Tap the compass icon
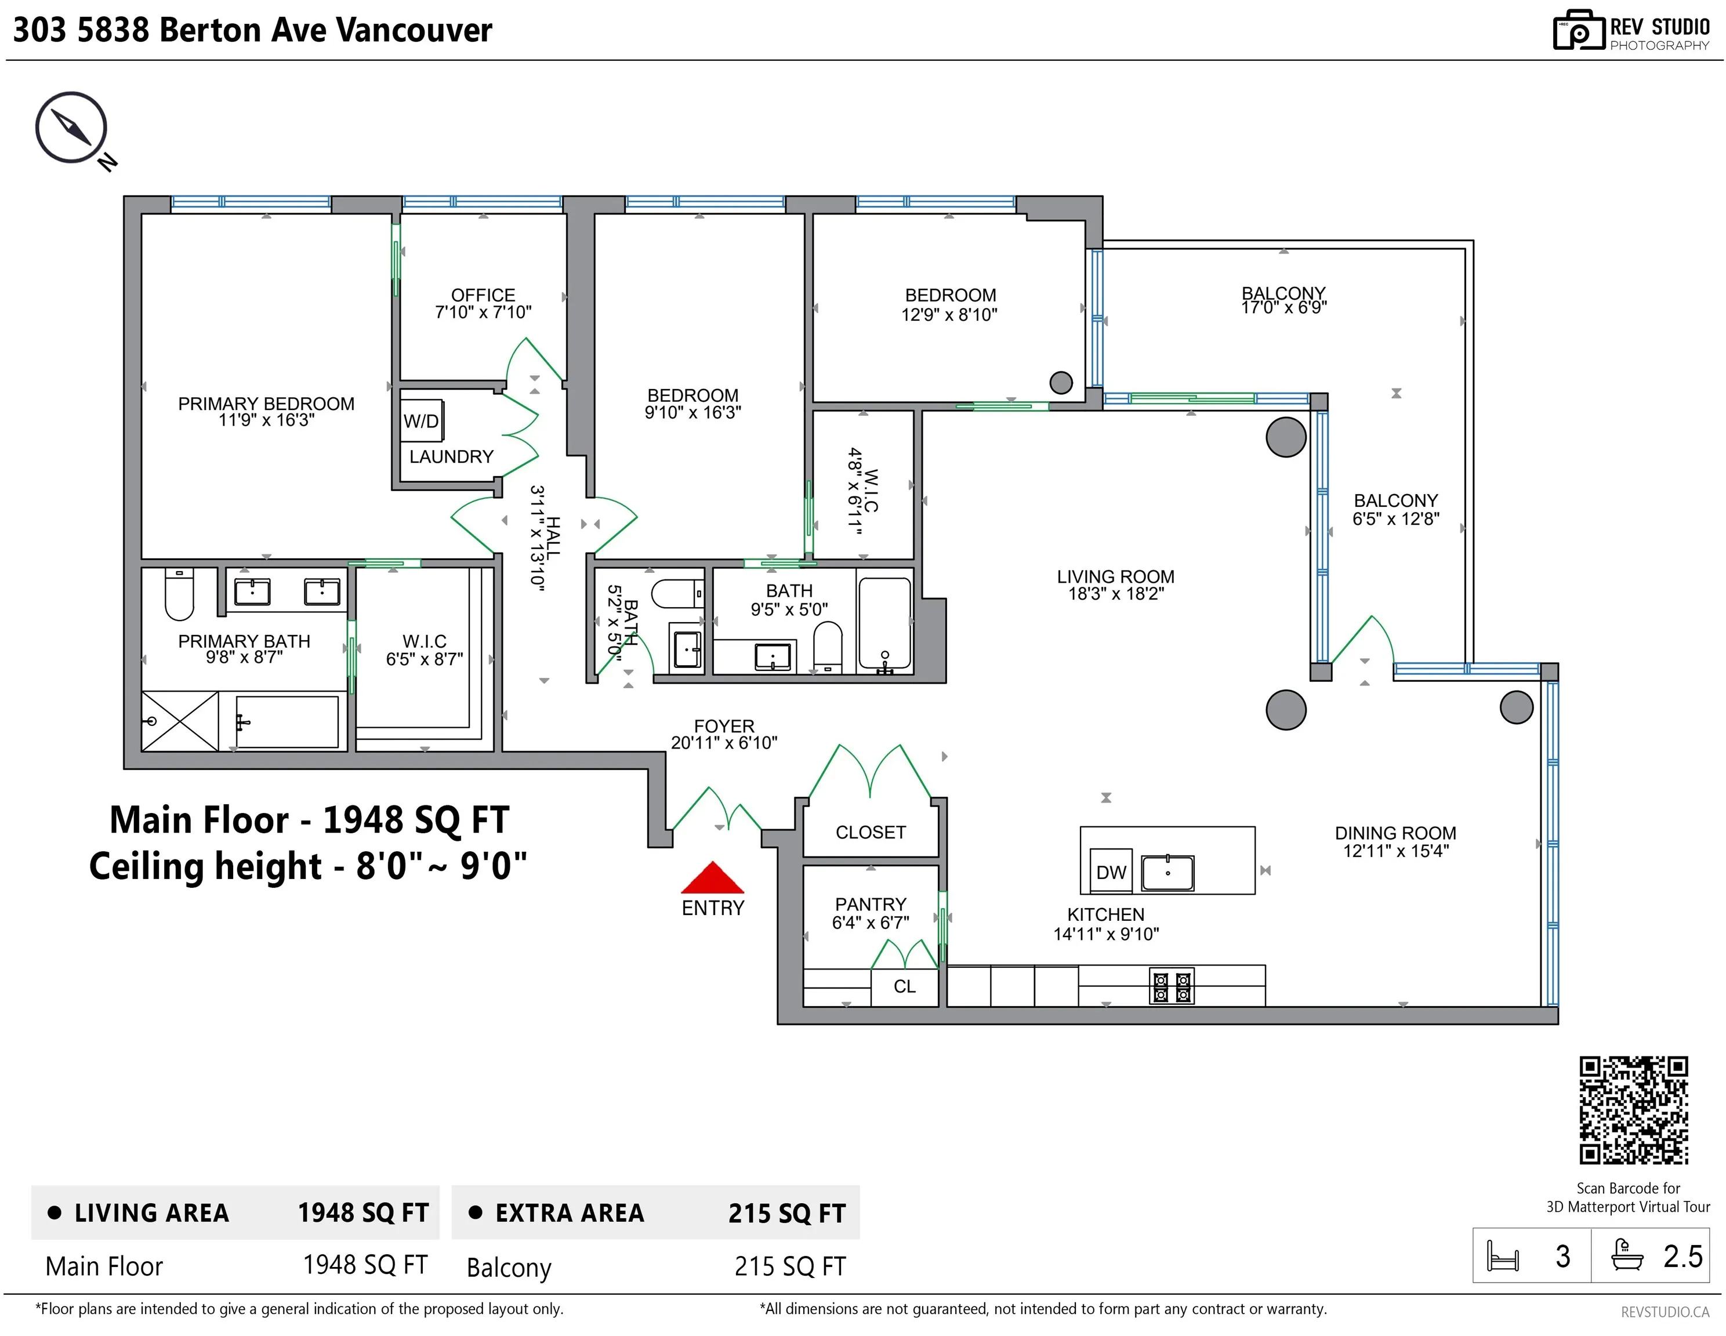coord(71,127)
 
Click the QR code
coord(1634,1110)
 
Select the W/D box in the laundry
coord(421,421)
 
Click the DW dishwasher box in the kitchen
coord(1111,872)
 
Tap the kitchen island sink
coord(1168,872)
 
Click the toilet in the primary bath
coord(179,594)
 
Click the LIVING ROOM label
coord(1115,577)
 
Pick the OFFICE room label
coord(483,295)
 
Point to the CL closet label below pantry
coord(905,986)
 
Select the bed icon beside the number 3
coord(1502,1255)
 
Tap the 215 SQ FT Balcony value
coord(789,1266)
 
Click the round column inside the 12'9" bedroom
coord(1061,382)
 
